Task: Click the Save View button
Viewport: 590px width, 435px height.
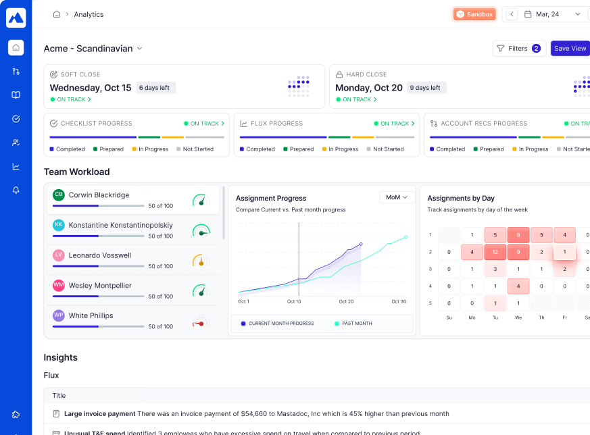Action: tap(570, 49)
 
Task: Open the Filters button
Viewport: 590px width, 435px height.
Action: tap(518, 49)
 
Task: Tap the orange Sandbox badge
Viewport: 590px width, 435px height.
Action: tap(474, 14)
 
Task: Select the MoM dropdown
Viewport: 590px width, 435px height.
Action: tap(397, 197)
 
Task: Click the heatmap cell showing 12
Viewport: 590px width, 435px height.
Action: tap(495, 252)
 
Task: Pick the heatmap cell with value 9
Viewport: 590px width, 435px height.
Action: tap(518, 252)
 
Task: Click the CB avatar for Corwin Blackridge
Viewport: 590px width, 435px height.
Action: tap(59, 195)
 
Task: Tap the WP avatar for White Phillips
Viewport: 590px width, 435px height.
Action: tap(59, 315)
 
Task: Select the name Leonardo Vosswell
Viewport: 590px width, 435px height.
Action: tap(100, 255)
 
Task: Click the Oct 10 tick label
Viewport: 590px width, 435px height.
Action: tap(294, 301)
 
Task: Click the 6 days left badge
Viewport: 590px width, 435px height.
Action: tap(155, 88)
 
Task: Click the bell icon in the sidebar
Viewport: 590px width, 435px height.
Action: tap(16, 190)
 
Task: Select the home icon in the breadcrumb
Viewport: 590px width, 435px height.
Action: tap(57, 14)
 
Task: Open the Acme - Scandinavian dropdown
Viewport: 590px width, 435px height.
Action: tap(93, 49)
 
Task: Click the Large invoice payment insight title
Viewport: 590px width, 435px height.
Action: tap(100, 413)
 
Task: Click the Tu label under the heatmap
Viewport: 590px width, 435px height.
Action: tap(495, 317)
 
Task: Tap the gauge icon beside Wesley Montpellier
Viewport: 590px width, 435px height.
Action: tap(199, 290)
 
